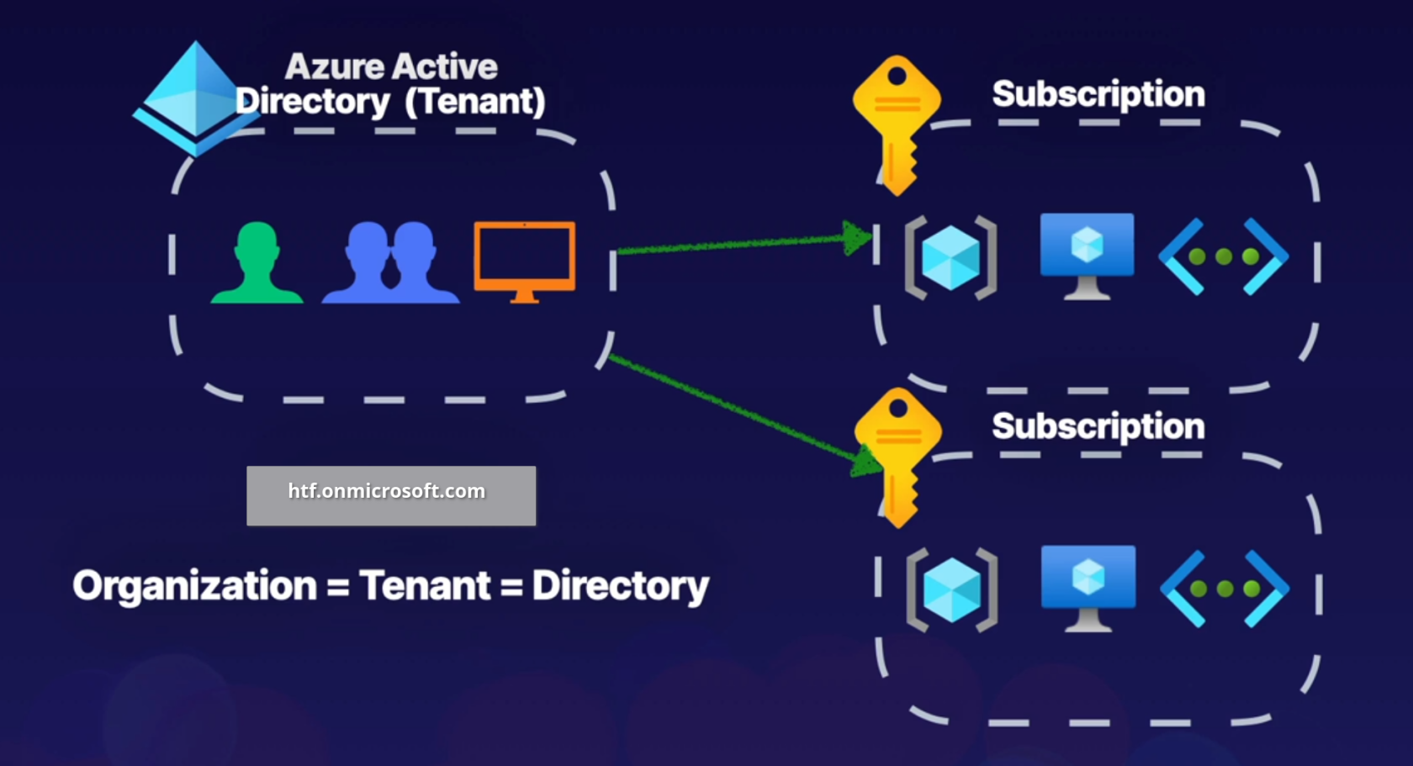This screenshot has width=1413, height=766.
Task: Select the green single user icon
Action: pyautogui.click(x=257, y=262)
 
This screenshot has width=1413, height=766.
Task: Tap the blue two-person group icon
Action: pyautogui.click(x=390, y=262)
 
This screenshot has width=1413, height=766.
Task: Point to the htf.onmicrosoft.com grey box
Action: pyautogui.click(x=391, y=495)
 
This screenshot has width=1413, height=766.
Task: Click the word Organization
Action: pyautogui.click(x=194, y=586)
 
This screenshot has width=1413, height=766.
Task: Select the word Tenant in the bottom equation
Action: pyautogui.click(x=425, y=586)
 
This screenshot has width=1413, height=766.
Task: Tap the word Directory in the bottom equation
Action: pyautogui.click(x=621, y=586)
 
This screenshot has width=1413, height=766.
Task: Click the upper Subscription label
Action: pyautogui.click(x=1098, y=94)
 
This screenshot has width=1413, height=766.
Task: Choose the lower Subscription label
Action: pyautogui.click(x=1098, y=426)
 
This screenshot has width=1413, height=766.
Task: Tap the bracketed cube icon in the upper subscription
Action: pyautogui.click(x=951, y=257)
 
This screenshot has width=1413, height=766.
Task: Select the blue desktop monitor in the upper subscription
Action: pyautogui.click(x=1087, y=255)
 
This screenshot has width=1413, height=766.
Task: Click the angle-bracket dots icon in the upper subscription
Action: pyautogui.click(x=1224, y=256)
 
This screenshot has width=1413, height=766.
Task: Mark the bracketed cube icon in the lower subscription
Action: pyautogui.click(x=952, y=589)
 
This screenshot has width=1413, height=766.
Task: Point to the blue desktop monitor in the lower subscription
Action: pyautogui.click(x=1088, y=587)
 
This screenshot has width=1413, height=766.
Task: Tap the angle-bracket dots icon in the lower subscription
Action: pyautogui.click(x=1225, y=589)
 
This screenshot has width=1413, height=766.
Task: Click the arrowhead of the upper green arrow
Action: pyautogui.click(x=856, y=238)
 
